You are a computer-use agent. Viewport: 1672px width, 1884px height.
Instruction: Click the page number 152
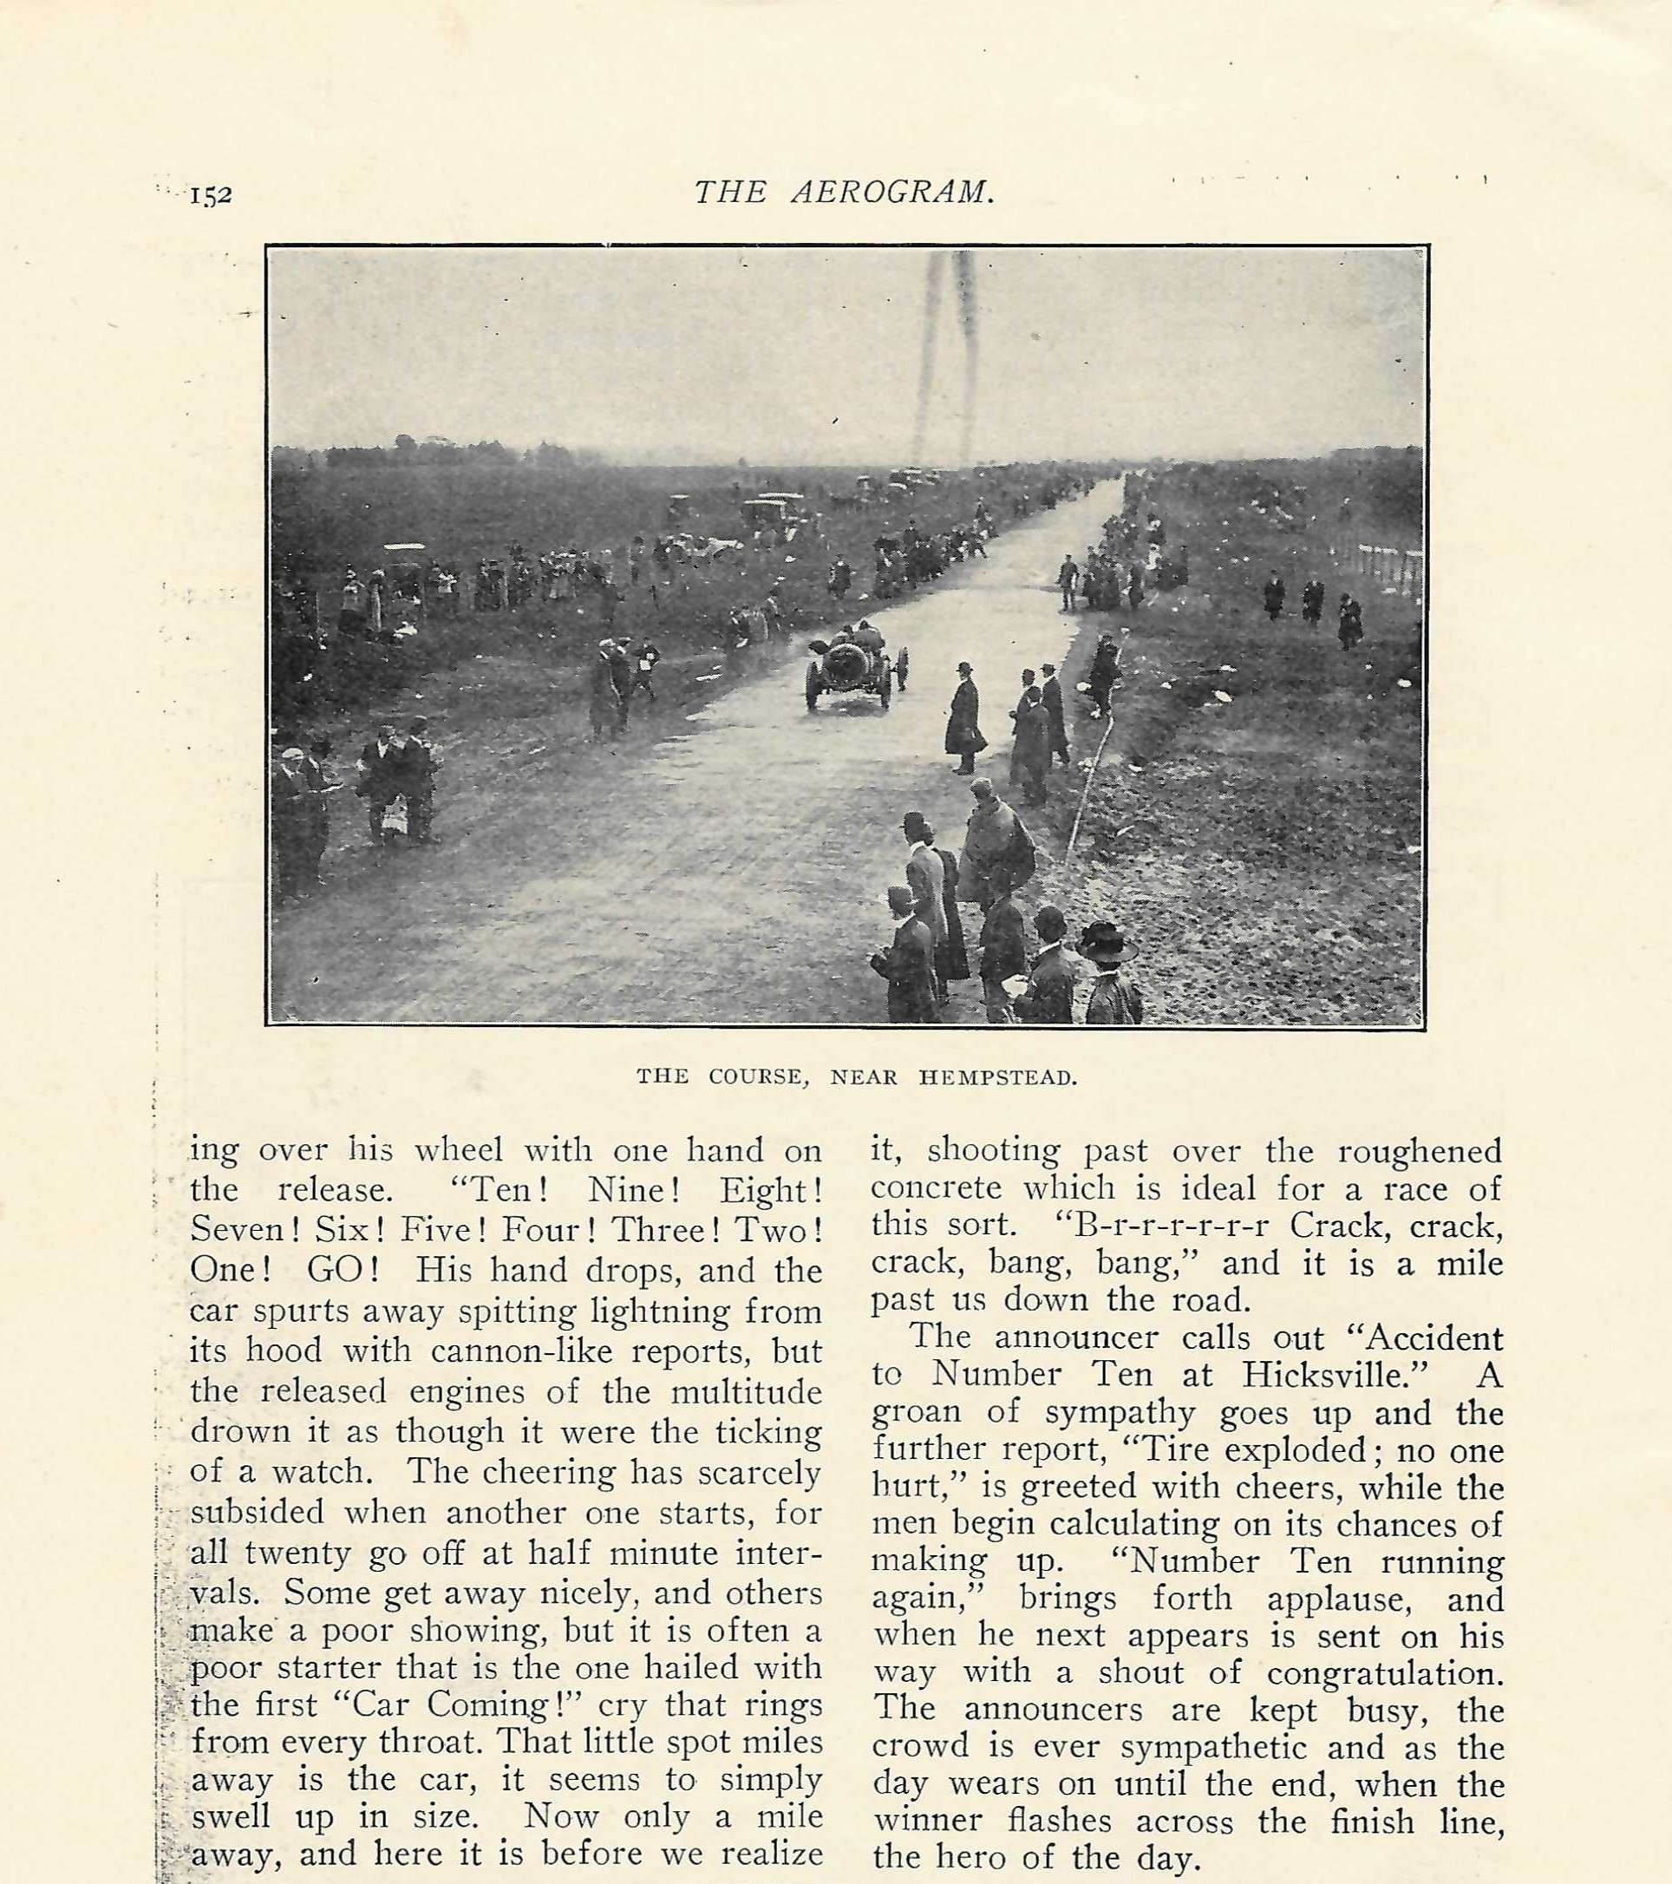[211, 196]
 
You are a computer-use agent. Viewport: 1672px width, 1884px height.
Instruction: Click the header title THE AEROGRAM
[844, 192]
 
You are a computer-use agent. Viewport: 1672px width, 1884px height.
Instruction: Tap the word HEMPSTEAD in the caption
[997, 1077]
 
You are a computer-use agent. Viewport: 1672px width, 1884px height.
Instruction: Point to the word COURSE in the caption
[756, 1077]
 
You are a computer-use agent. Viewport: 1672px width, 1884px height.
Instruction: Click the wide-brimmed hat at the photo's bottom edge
[1106, 942]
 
